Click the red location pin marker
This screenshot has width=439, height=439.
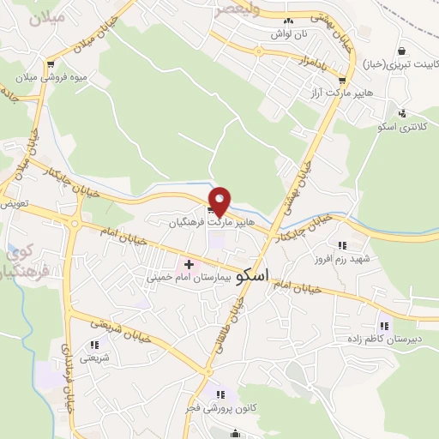click(219, 201)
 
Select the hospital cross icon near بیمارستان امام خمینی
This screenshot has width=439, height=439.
click(189, 264)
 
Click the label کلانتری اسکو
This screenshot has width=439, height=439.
click(401, 127)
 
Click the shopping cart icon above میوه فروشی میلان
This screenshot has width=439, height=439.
click(51, 63)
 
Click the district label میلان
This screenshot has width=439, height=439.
click(46, 20)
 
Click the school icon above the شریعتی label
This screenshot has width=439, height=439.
click(94, 346)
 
